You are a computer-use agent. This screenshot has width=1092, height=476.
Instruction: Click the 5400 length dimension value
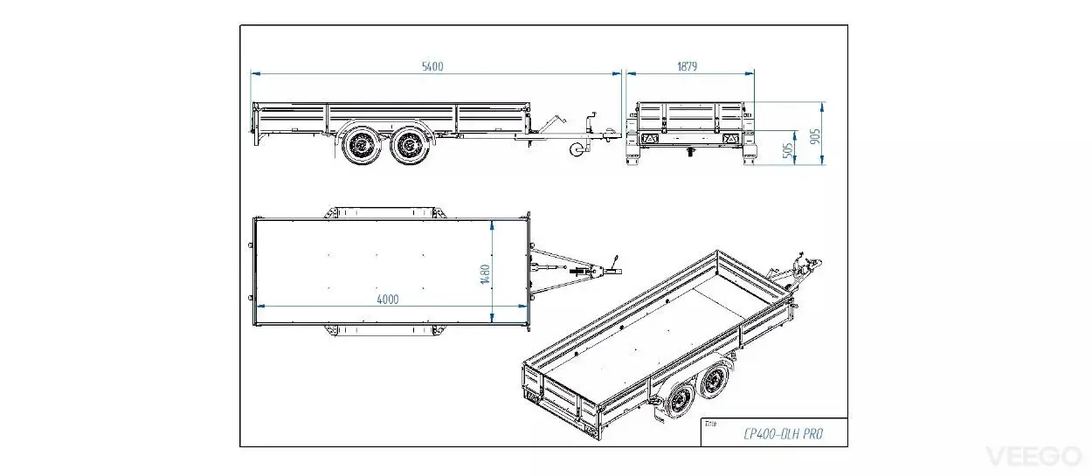click(432, 66)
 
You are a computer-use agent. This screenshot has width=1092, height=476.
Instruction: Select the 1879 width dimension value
click(687, 66)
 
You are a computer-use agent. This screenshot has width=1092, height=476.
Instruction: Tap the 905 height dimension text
click(814, 136)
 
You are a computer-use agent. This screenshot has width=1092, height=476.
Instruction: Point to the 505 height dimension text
click(788, 150)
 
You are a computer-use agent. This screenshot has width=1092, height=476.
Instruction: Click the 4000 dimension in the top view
click(388, 300)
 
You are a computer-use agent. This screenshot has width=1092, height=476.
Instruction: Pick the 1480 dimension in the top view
click(485, 274)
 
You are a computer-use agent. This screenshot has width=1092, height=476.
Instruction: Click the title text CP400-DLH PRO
click(783, 433)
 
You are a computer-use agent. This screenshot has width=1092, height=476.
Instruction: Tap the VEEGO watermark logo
click(1033, 457)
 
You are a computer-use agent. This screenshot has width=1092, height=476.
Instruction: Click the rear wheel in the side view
click(362, 145)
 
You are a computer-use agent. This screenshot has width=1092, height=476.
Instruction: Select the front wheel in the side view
click(411, 145)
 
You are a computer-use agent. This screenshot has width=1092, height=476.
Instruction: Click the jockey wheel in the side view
click(577, 148)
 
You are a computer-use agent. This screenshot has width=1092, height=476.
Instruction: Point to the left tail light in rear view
click(650, 139)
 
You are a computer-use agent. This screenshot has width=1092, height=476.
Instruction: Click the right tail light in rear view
click(730, 139)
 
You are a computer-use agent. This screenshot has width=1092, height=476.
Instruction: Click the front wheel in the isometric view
click(715, 381)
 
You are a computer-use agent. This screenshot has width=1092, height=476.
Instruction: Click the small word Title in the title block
click(710, 424)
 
